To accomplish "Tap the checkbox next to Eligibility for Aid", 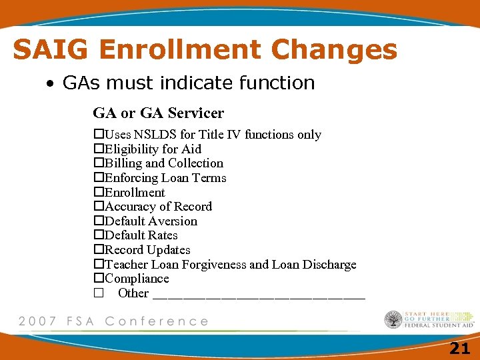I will tap(98, 149).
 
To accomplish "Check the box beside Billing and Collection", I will tap(98, 163).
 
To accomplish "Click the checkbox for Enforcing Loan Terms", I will tap(98, 178).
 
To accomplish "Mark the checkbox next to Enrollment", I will tap(98, 193).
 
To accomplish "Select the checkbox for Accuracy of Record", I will tap(98, 207).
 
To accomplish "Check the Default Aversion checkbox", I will tap(98, 221).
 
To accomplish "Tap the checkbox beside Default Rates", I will tap(98, 235).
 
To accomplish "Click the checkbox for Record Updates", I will tap(98, 250).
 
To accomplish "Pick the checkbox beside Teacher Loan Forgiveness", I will tap(98, 265).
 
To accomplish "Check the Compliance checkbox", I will tap(98, 279).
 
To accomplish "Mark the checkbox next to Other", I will tap(98, 293).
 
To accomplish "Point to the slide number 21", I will tap(459, 347).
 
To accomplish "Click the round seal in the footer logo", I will tap(393, 320).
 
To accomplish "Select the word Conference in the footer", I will tap(157, 321).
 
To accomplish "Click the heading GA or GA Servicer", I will tap(158, 113).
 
